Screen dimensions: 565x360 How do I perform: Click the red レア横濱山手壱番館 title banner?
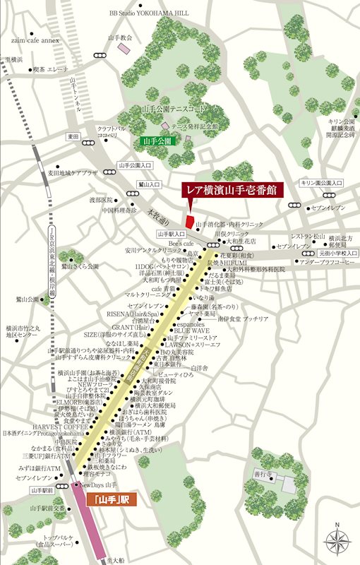coord(232,191)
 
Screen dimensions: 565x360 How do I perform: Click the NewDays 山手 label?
coord(97,485)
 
